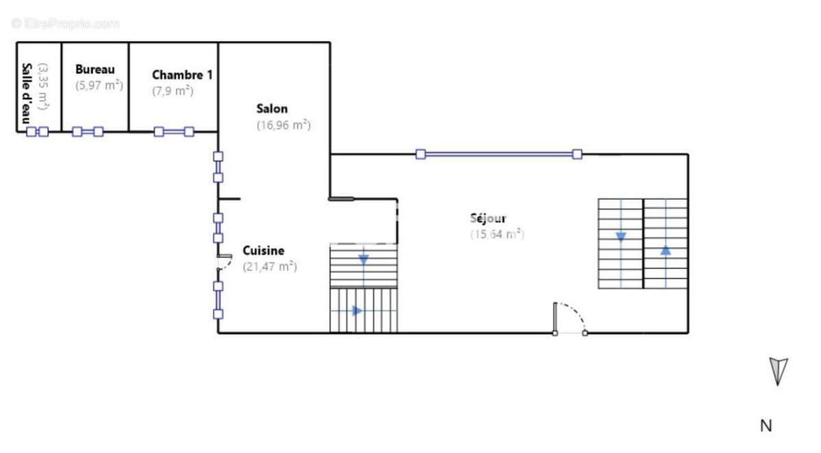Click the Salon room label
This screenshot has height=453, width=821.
click(x=272, y=109)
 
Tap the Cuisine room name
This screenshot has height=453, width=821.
click(x=263, y=250)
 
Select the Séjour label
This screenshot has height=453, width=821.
click(x=488, y=218)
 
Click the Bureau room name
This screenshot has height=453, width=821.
click(x=95, y=69)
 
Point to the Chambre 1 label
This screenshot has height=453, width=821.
click(x=182, y=75)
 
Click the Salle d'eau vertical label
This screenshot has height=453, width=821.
click(x=27, y=94)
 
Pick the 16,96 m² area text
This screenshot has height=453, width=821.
click(x=284, y=125)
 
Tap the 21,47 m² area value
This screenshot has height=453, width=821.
click(x=270, y=266)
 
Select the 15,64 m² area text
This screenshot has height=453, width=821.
click(x=497, y=234)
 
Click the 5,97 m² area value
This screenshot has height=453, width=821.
click(x=99, y=86)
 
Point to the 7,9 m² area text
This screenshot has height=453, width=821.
click(x=172, y=91)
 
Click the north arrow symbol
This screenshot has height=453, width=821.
click(x=778, y=372)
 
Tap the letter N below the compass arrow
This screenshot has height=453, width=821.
click(x=766, y=426)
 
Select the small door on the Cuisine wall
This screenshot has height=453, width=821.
click(x=224, y=262)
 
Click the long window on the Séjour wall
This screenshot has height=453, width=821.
click(x=499, y=154)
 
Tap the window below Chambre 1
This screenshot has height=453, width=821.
click(x=174, y=131)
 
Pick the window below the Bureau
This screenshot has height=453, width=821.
click(x=88, y=131)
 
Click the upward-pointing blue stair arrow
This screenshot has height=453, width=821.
click(x=666, y=250)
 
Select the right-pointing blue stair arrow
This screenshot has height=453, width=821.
click(x=357, y=311)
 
